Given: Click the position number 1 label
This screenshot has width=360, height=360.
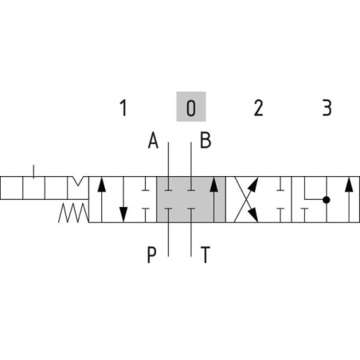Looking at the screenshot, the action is pyautogui.click(x=123, y=108).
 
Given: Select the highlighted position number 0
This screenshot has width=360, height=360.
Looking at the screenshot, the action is pyautogui.click(x=191, y=108).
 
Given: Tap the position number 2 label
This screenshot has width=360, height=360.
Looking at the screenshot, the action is pyautogui.click(x=258, y=108).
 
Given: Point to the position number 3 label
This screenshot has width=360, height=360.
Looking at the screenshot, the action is pyautogui.click(x=327, y=108).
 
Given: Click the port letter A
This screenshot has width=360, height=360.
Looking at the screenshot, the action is pyautogui.click(x=153, y=140).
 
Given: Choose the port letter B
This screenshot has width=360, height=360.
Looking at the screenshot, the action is pyautogui.click(x=205, y=140).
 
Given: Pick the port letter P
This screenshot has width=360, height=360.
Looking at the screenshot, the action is pyautogui.click(x=151, y=254).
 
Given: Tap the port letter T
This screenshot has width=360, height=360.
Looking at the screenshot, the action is pyautogui.click(x=205, y=254).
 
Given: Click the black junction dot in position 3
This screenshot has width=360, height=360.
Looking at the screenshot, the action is pyautogui.click(x=327, y=200).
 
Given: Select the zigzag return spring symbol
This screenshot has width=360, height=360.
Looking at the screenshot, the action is pyautogui.click(x=73, y=213).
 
